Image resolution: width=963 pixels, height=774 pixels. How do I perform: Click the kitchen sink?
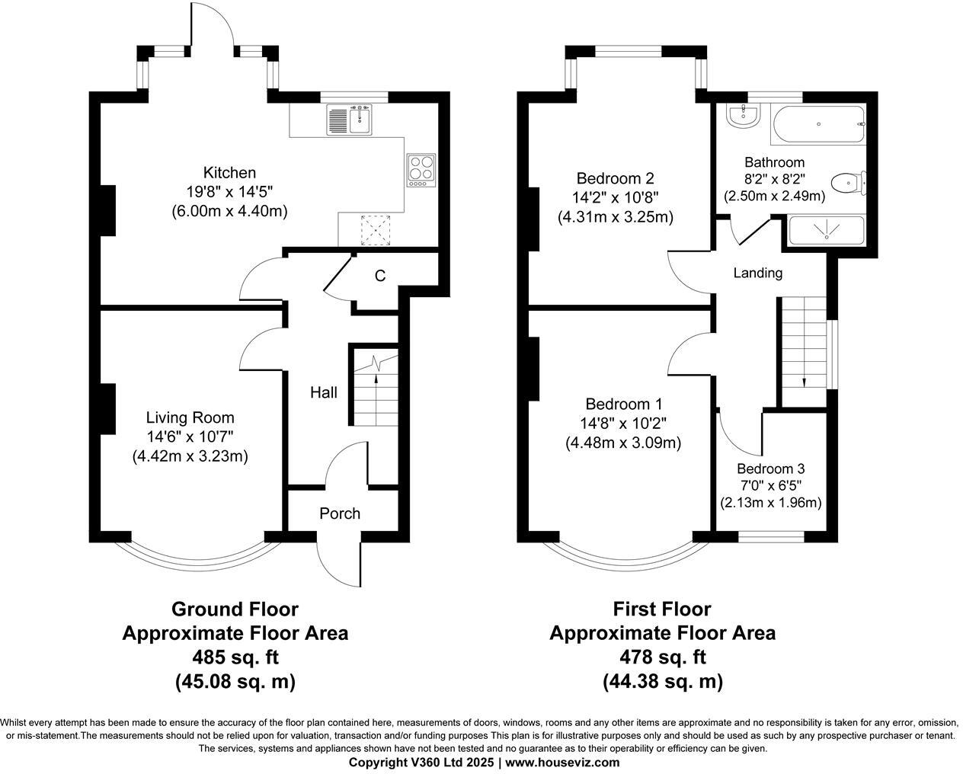349,120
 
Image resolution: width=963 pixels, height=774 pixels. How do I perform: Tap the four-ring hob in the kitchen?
421,171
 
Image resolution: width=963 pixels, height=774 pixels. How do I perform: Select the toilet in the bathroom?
849,183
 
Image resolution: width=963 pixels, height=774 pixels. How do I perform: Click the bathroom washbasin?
743,116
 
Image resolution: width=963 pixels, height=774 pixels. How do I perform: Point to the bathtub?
819,124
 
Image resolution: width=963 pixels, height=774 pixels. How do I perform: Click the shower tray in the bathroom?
826,230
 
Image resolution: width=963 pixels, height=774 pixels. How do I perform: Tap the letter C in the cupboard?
380,276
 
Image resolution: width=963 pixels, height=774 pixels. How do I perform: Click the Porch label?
340,513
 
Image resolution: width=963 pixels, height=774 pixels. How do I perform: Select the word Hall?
324,392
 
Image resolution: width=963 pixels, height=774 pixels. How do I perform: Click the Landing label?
757,273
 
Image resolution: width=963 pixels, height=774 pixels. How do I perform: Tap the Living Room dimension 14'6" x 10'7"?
190,437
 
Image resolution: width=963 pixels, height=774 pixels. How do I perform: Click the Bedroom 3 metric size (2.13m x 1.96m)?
770,503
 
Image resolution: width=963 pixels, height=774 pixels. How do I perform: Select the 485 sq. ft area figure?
235,657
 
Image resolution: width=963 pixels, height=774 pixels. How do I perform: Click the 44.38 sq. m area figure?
663,681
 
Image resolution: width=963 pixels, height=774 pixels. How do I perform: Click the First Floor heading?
662,609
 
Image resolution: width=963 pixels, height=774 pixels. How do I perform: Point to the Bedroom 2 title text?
615,178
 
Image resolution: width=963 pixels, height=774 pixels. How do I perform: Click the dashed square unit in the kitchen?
376,230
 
